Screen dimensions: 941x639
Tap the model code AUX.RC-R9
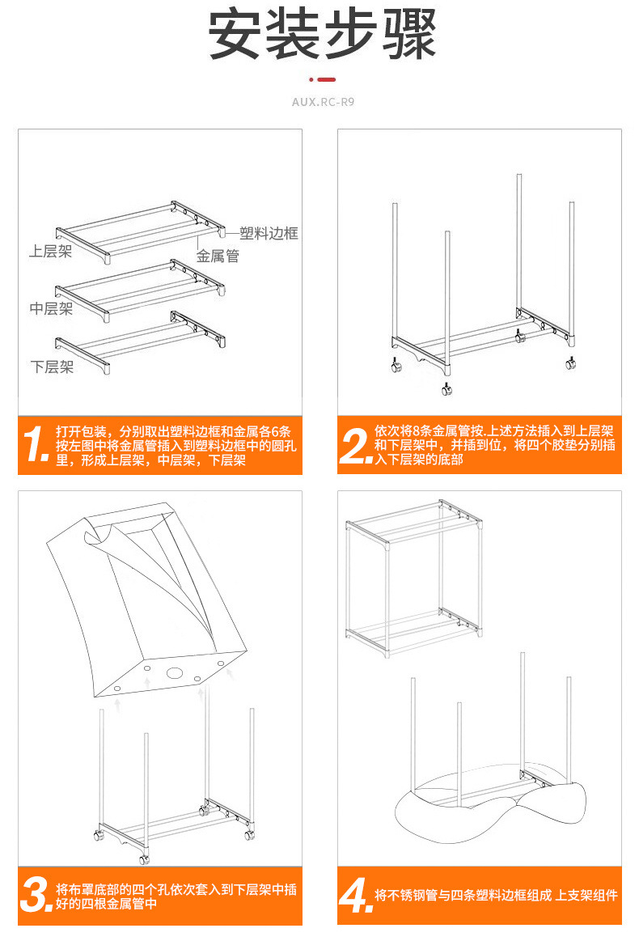[x=323, y=103]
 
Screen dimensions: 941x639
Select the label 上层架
[x=50, y=252]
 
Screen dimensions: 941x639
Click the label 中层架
[x=51, y=308]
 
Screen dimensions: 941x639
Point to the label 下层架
[x=52, y=367]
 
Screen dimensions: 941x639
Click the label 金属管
[x=218, y=256]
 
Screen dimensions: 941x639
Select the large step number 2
[x=355, y=446]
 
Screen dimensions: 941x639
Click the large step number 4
[x=355, y=896]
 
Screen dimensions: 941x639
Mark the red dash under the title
[x=326, y=80]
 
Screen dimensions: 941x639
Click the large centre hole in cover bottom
[x=175, y=672]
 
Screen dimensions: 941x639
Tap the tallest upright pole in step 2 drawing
[x=518, y=243]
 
